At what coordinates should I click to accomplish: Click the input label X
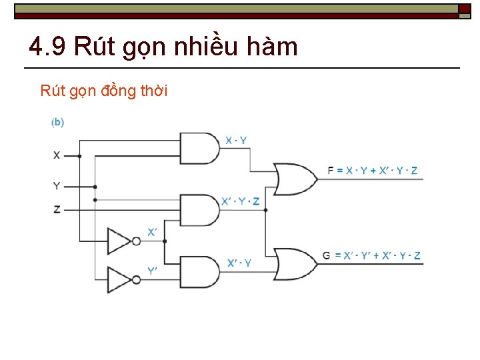(x=57, y=155)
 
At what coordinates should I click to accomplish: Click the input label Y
(x=57, y=186)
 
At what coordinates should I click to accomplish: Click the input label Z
(x=57, y=209)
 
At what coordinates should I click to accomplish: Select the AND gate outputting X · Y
(x=199, y=148)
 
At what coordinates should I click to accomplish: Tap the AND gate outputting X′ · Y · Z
(x=199, y=210)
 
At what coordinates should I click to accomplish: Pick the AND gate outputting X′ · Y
(x=199, y=271)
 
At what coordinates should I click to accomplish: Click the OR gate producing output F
(x=296, y=178)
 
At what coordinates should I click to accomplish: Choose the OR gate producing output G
(x=296, y=263)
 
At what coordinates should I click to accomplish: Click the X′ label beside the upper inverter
(x=152, y=232)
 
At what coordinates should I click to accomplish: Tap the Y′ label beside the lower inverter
(x=152, y=271)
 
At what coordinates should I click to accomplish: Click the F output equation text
(x=373, y=171)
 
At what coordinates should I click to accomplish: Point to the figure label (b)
(x=58, y=122)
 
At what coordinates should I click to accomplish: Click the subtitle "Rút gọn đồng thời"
(x=104, y=91)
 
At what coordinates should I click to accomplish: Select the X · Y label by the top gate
(x=236, y=140)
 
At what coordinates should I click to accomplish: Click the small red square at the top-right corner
(x=464, y=9)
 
